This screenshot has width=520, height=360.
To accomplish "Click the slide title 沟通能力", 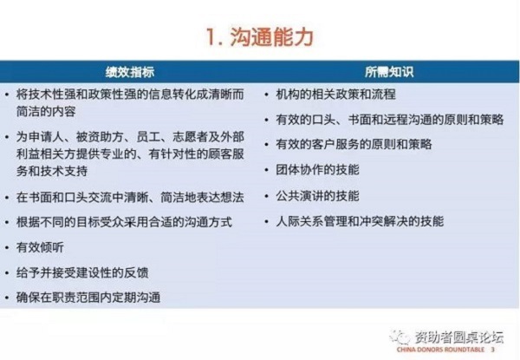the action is pos(271,36).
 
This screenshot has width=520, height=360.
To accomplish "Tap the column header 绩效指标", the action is pos(130,72).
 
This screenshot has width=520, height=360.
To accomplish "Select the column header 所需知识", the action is pos(389,72).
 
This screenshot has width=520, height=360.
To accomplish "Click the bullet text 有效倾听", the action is pos(40,247).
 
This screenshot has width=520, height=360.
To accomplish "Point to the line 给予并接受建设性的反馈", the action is pos(82,272).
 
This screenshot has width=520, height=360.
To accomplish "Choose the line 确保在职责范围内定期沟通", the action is pos(88,297).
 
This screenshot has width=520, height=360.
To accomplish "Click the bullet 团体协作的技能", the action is pos(317,169).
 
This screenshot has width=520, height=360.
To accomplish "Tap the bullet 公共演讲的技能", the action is pos(317,195).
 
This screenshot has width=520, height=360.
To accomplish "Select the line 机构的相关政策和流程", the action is pos(335,95).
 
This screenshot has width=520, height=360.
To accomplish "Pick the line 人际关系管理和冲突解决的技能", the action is pos(360,221).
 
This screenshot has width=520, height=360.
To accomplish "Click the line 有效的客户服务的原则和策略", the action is pos(354,144).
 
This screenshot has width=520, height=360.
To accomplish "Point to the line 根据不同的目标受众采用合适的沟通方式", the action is pos(124,222).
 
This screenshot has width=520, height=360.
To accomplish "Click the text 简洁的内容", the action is pos(46,111).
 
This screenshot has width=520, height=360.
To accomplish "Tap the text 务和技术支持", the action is pos(52,171).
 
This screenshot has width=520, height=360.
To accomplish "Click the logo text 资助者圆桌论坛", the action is pos(459,337).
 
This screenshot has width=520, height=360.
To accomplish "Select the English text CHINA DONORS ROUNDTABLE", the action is pos(440,350).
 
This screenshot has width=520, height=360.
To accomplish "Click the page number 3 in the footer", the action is pos(493,350).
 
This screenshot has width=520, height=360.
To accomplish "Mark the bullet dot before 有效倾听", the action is pos(7,247).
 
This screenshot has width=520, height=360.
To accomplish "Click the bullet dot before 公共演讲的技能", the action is pos(266,196).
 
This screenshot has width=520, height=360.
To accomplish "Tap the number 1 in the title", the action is pos(211,36).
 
